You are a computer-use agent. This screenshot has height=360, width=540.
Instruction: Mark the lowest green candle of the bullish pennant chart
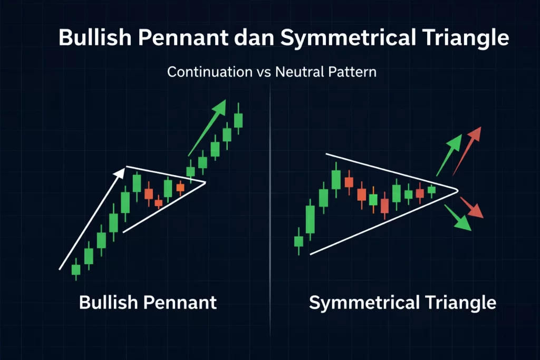tap(76, 269)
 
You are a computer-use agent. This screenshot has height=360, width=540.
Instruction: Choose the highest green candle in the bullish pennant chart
tap(238, 120)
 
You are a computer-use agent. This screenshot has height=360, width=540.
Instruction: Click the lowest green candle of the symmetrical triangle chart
tap(299, 241)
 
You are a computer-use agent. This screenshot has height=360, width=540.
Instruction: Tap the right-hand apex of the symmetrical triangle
tap(457, 189)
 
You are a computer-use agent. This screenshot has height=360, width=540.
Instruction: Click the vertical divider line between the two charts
tap(269, 211)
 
